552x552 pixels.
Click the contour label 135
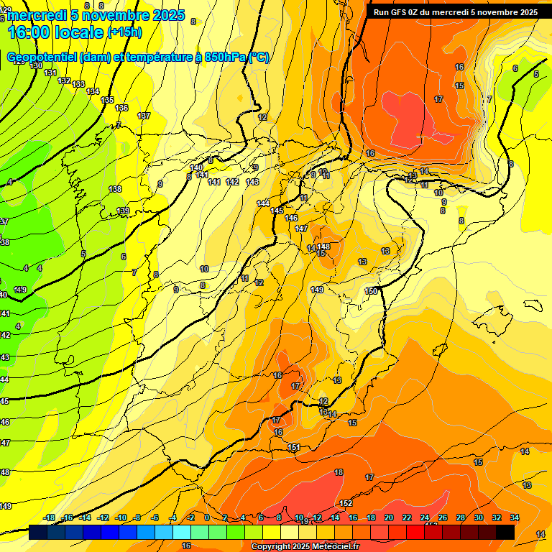pos(107,100)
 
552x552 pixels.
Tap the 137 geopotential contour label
pos(144,116)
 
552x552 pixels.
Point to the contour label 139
pos(123,211)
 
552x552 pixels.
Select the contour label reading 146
pos(291,218)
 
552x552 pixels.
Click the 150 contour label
pos(371,291)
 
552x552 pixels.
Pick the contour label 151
pos(293,448)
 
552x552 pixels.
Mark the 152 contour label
pos(346,503)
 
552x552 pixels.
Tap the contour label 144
pos(263,203)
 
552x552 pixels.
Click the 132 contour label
pos(64,80)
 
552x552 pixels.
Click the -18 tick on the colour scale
pos(50,518)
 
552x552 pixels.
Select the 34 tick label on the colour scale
pos(514,518)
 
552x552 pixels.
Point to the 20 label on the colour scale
pos(389,518)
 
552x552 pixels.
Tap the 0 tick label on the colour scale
pos(207,518)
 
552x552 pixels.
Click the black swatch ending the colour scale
pos(505,533)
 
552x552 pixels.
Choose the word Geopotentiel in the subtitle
pos(42,57)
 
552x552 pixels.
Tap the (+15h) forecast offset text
pos(124,32)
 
